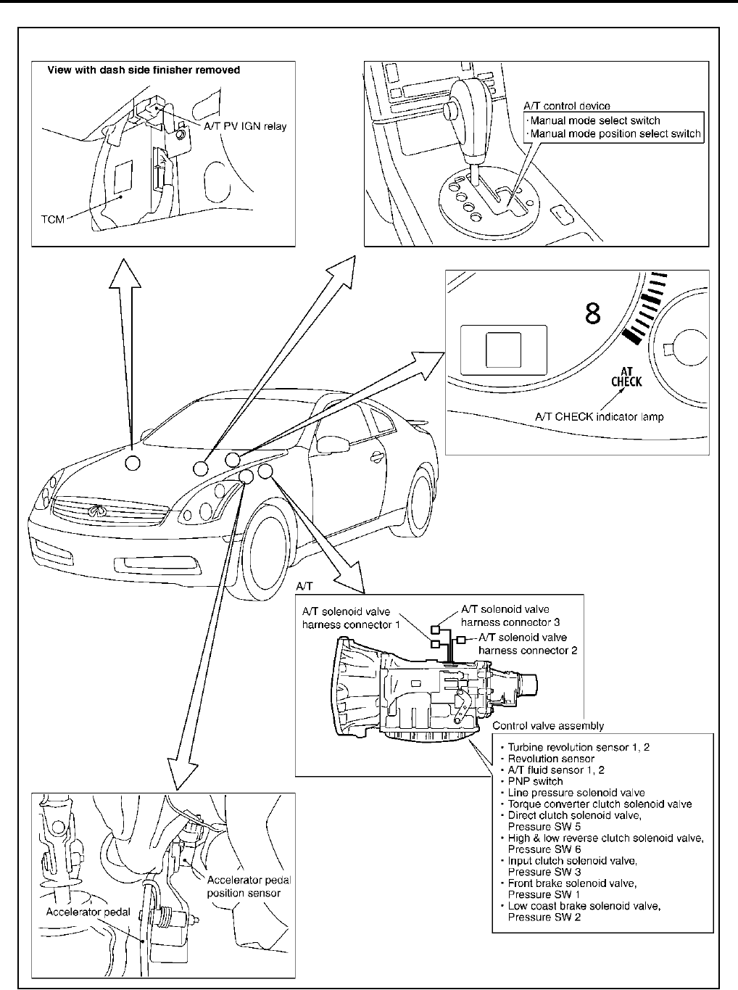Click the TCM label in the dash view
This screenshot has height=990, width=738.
pos(51,218)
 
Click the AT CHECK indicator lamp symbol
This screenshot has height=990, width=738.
pos(626,377)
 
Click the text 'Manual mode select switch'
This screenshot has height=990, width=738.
pos(595,120)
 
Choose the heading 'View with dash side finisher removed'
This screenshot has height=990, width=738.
pos(144,70)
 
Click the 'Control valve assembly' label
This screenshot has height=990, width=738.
pos(547,725)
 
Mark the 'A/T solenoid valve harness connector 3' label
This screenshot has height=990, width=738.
pos(510,616)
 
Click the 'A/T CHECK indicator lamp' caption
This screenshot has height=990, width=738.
pos(599,417)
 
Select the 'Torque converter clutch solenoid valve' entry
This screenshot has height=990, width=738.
pos(600,804)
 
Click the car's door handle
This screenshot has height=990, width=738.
pos(377,456)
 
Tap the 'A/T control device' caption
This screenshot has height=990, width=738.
pos(566,107)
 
